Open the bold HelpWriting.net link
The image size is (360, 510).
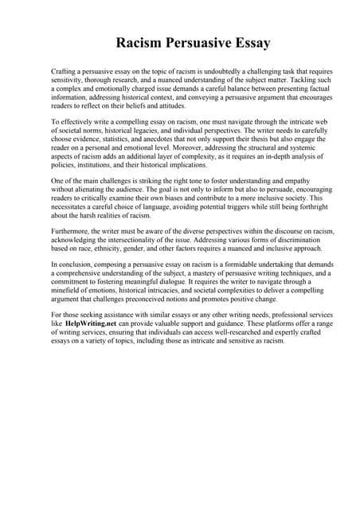(x=90, y=348)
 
